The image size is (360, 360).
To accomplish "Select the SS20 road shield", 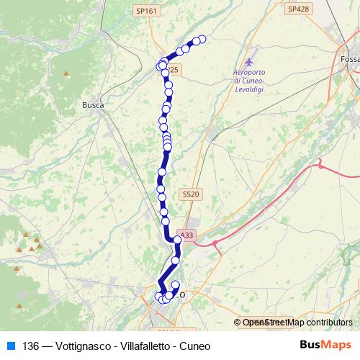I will coord(191,194).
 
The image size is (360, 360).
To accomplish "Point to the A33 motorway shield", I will coord(186,235).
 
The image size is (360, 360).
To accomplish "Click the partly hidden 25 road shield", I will coord(175,70).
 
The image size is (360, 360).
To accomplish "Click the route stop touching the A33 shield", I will coord(178,240).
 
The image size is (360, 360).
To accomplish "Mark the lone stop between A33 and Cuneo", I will coord(176,260).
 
